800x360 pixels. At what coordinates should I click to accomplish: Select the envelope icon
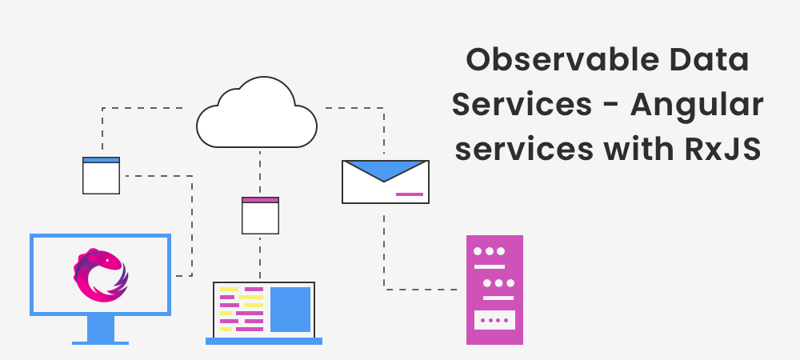(386, 182)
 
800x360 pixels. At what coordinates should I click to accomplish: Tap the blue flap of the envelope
(386, 169)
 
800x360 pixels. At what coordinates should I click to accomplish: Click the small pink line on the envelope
(410, 194)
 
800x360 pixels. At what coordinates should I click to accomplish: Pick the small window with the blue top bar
(101, 175)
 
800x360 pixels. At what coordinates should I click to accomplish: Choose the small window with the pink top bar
(261, 215)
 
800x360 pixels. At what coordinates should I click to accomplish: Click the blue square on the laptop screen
(290, 309)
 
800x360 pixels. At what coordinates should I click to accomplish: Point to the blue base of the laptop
(263, 341)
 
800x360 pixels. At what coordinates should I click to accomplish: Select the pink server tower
(494, 290)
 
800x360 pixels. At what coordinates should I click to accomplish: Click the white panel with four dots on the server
(494, 320)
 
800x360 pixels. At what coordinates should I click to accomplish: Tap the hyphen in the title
(610, 106)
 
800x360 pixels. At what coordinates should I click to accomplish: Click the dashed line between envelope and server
(385, 256)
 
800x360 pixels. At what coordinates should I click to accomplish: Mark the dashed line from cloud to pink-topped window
(260, 172)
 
